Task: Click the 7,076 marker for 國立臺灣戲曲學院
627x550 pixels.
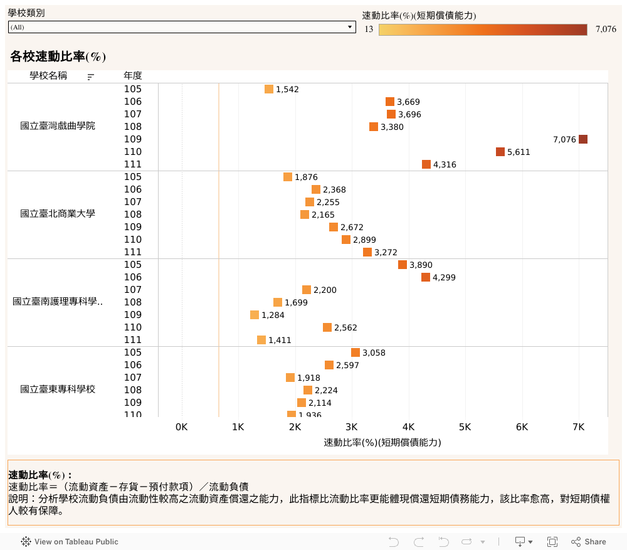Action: (583, 139)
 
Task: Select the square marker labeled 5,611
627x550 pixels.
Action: (500, 152)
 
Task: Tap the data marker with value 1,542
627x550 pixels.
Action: (269, 89)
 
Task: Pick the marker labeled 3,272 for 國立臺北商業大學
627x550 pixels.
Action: (367, 252)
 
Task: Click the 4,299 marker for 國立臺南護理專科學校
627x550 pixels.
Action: (426, 277)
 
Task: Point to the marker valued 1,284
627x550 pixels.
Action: (255, 315)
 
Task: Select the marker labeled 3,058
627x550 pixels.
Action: (356, 352)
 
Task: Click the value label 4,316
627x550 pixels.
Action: (445, 165)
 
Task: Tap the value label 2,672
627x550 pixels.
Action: (352, 228)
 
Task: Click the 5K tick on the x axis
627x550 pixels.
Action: (465, 427)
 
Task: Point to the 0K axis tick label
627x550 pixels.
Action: (181, 427)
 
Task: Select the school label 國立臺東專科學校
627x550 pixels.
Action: (58, 389)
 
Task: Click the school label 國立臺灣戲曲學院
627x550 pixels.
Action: (58, 126)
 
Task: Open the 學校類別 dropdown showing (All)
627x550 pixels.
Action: (182, 28)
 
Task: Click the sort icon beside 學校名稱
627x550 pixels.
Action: (91, 77)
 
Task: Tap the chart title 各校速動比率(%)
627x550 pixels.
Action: (58, 56)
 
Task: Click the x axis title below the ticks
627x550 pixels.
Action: (382, 442)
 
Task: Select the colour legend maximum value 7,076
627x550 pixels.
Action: (606, 29)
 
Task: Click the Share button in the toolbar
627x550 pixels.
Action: (589, 542)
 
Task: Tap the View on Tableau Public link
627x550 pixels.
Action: (70, 542)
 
